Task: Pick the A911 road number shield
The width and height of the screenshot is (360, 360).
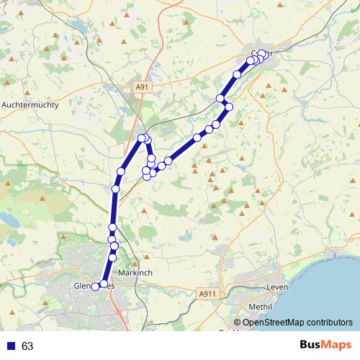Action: (207, 293)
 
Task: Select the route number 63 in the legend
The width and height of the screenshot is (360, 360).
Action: (27, 346)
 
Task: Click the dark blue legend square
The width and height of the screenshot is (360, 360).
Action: (10, 346)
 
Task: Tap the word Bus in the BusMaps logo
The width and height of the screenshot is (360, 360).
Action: (312, 345)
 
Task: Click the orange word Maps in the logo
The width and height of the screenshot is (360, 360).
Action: (338, 345)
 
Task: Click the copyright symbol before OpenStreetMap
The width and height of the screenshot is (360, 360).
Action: (237, 322)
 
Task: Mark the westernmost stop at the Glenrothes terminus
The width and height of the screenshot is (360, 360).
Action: (95, 287)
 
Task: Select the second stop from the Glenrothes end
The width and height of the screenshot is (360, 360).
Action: (104, 284)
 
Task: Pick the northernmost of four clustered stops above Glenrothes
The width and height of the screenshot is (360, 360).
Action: (112, 230)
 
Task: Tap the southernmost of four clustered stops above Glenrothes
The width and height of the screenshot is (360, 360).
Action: (112, 257)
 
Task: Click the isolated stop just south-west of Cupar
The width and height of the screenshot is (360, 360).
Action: (237, 74)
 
